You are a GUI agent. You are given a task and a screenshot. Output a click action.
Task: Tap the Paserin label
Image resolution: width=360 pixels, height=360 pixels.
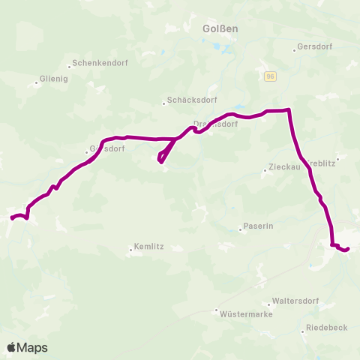coord(258,226)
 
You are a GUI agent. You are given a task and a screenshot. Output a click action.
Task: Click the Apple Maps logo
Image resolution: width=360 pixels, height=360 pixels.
coord(27,347)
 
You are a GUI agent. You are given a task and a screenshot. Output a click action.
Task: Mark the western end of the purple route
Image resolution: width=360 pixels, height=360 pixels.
coord(11,219)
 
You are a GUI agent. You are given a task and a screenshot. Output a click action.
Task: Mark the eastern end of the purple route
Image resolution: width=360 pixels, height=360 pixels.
coord(348,248)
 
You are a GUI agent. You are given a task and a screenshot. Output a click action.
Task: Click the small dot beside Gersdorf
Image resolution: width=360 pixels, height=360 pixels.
coord(295,51)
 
